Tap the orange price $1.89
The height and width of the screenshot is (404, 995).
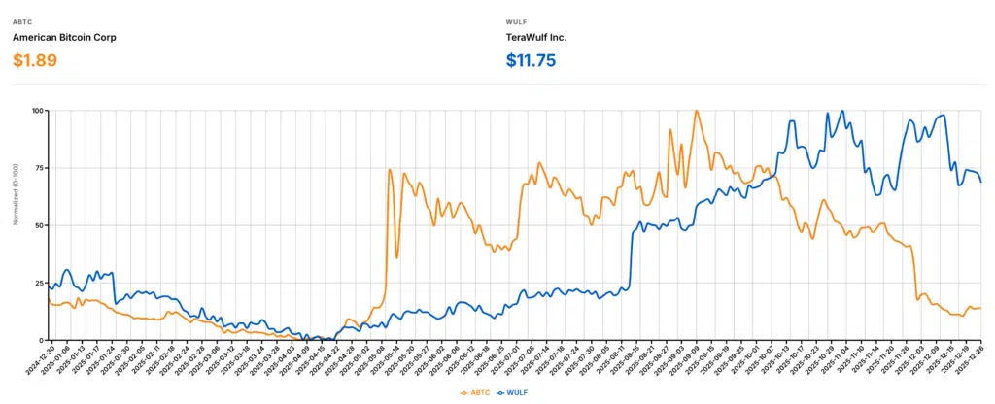tap(35, 60)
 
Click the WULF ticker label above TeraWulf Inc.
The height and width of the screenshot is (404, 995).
tap(516, 20)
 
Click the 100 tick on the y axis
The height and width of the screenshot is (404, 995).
tap(38, 111)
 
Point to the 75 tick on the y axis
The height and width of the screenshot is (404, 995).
tap(40, 168)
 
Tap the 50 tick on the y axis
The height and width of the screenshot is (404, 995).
tap(40, 225)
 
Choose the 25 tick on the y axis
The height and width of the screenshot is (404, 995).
tap(40, 283)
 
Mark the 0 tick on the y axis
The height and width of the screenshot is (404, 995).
tap(42, 340)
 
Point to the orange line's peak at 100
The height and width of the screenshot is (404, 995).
tap(696, 111)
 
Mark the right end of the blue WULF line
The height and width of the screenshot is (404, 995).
tap(980, 182)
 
